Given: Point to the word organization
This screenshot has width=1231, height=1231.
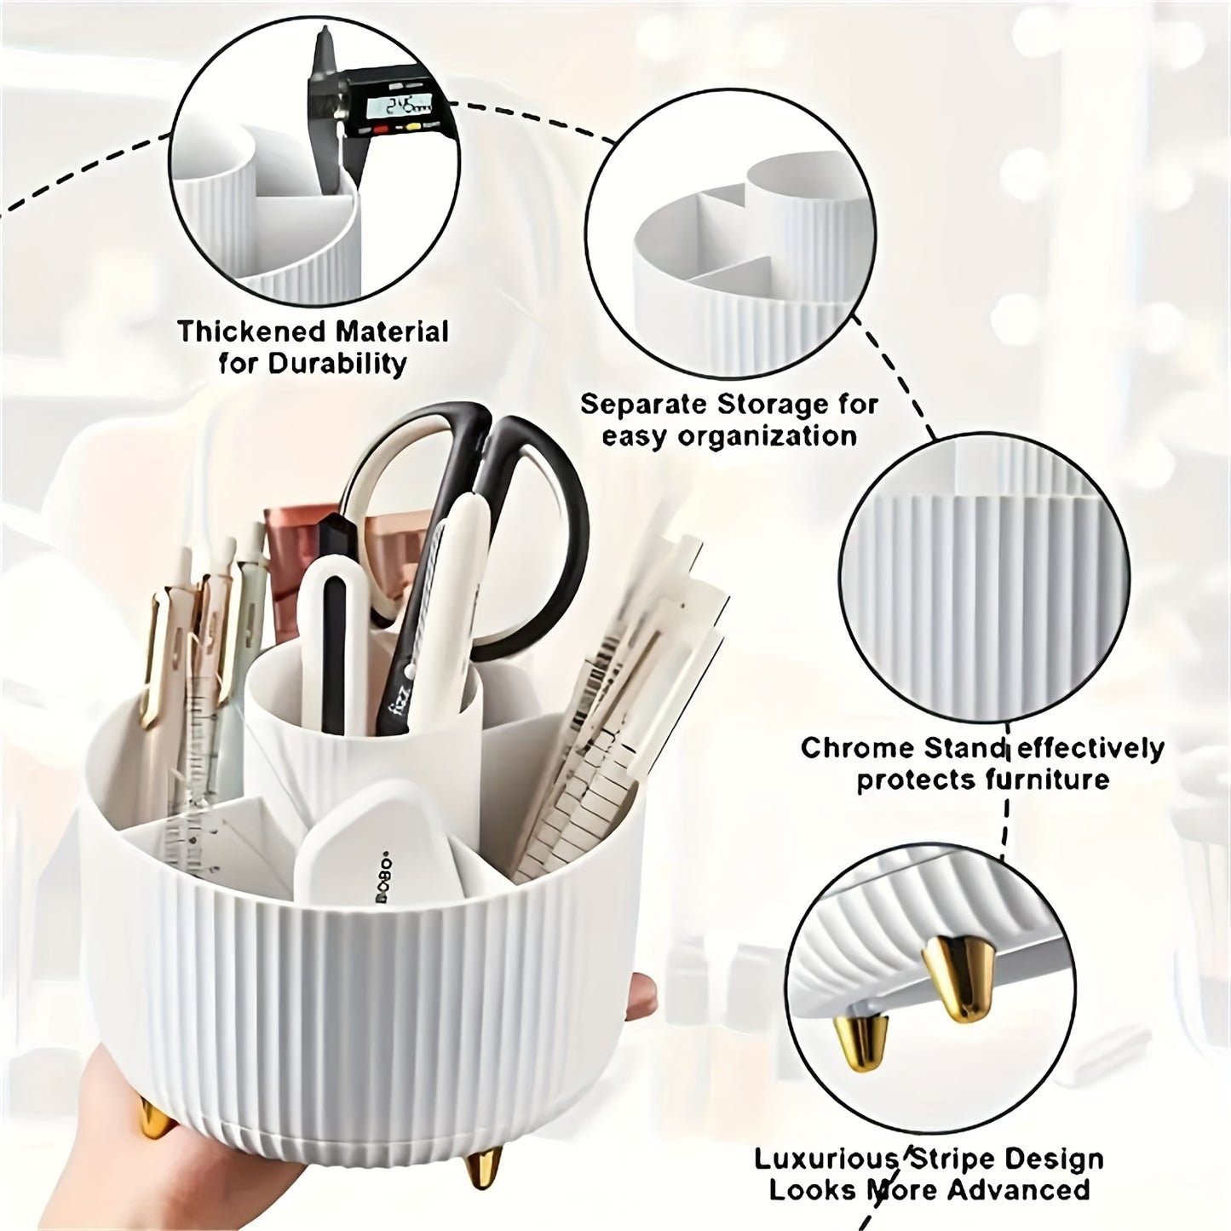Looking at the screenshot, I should pos(767,436).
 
